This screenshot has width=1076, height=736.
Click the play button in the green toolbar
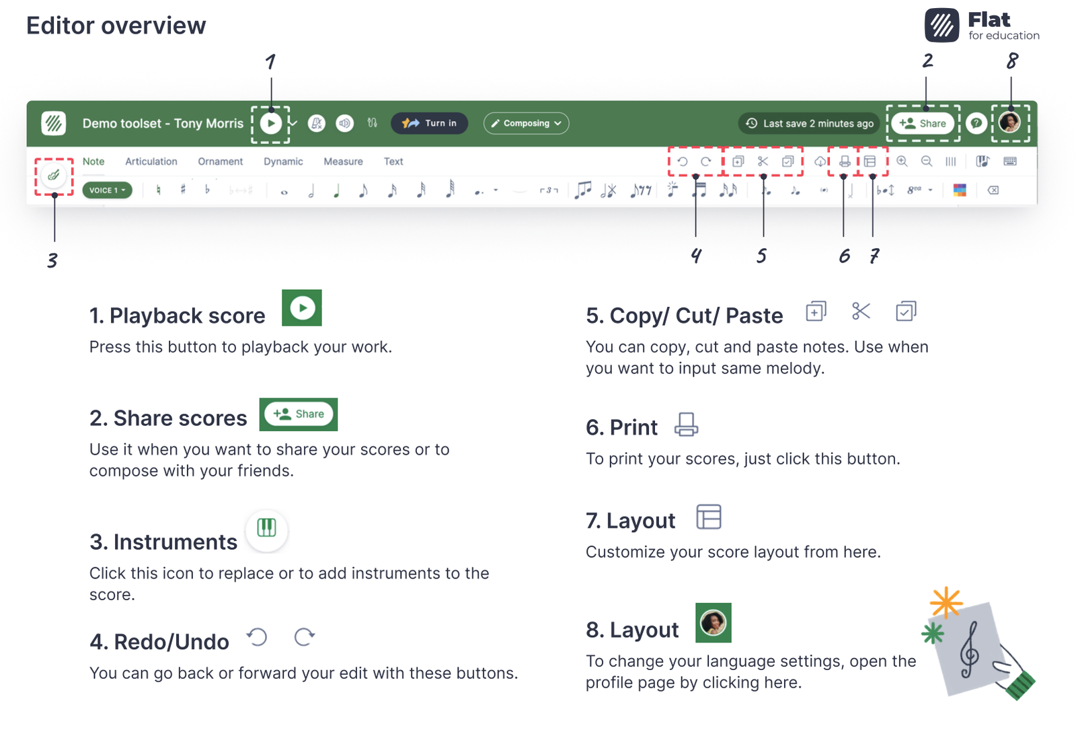270,123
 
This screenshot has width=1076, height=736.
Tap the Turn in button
429,123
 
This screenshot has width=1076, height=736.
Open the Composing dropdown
526,123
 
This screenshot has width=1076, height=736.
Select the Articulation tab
151,161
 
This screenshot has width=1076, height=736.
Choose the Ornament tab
220,161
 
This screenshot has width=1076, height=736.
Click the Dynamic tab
283,161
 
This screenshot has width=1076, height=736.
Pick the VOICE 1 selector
107,190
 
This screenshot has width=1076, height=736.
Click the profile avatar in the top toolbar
1009,122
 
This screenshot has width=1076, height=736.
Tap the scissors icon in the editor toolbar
763,161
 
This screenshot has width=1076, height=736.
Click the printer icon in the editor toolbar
845,161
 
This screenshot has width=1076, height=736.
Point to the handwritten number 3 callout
52,260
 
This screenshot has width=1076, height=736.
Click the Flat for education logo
982,26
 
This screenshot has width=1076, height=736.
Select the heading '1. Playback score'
178,316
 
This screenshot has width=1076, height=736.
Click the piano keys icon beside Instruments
266,528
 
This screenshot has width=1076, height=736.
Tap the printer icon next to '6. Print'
686,425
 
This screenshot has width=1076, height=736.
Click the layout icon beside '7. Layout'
708,517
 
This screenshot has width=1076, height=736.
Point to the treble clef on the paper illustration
969,649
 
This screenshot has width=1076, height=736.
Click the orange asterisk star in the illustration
946,602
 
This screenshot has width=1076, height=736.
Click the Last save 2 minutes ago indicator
810,123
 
